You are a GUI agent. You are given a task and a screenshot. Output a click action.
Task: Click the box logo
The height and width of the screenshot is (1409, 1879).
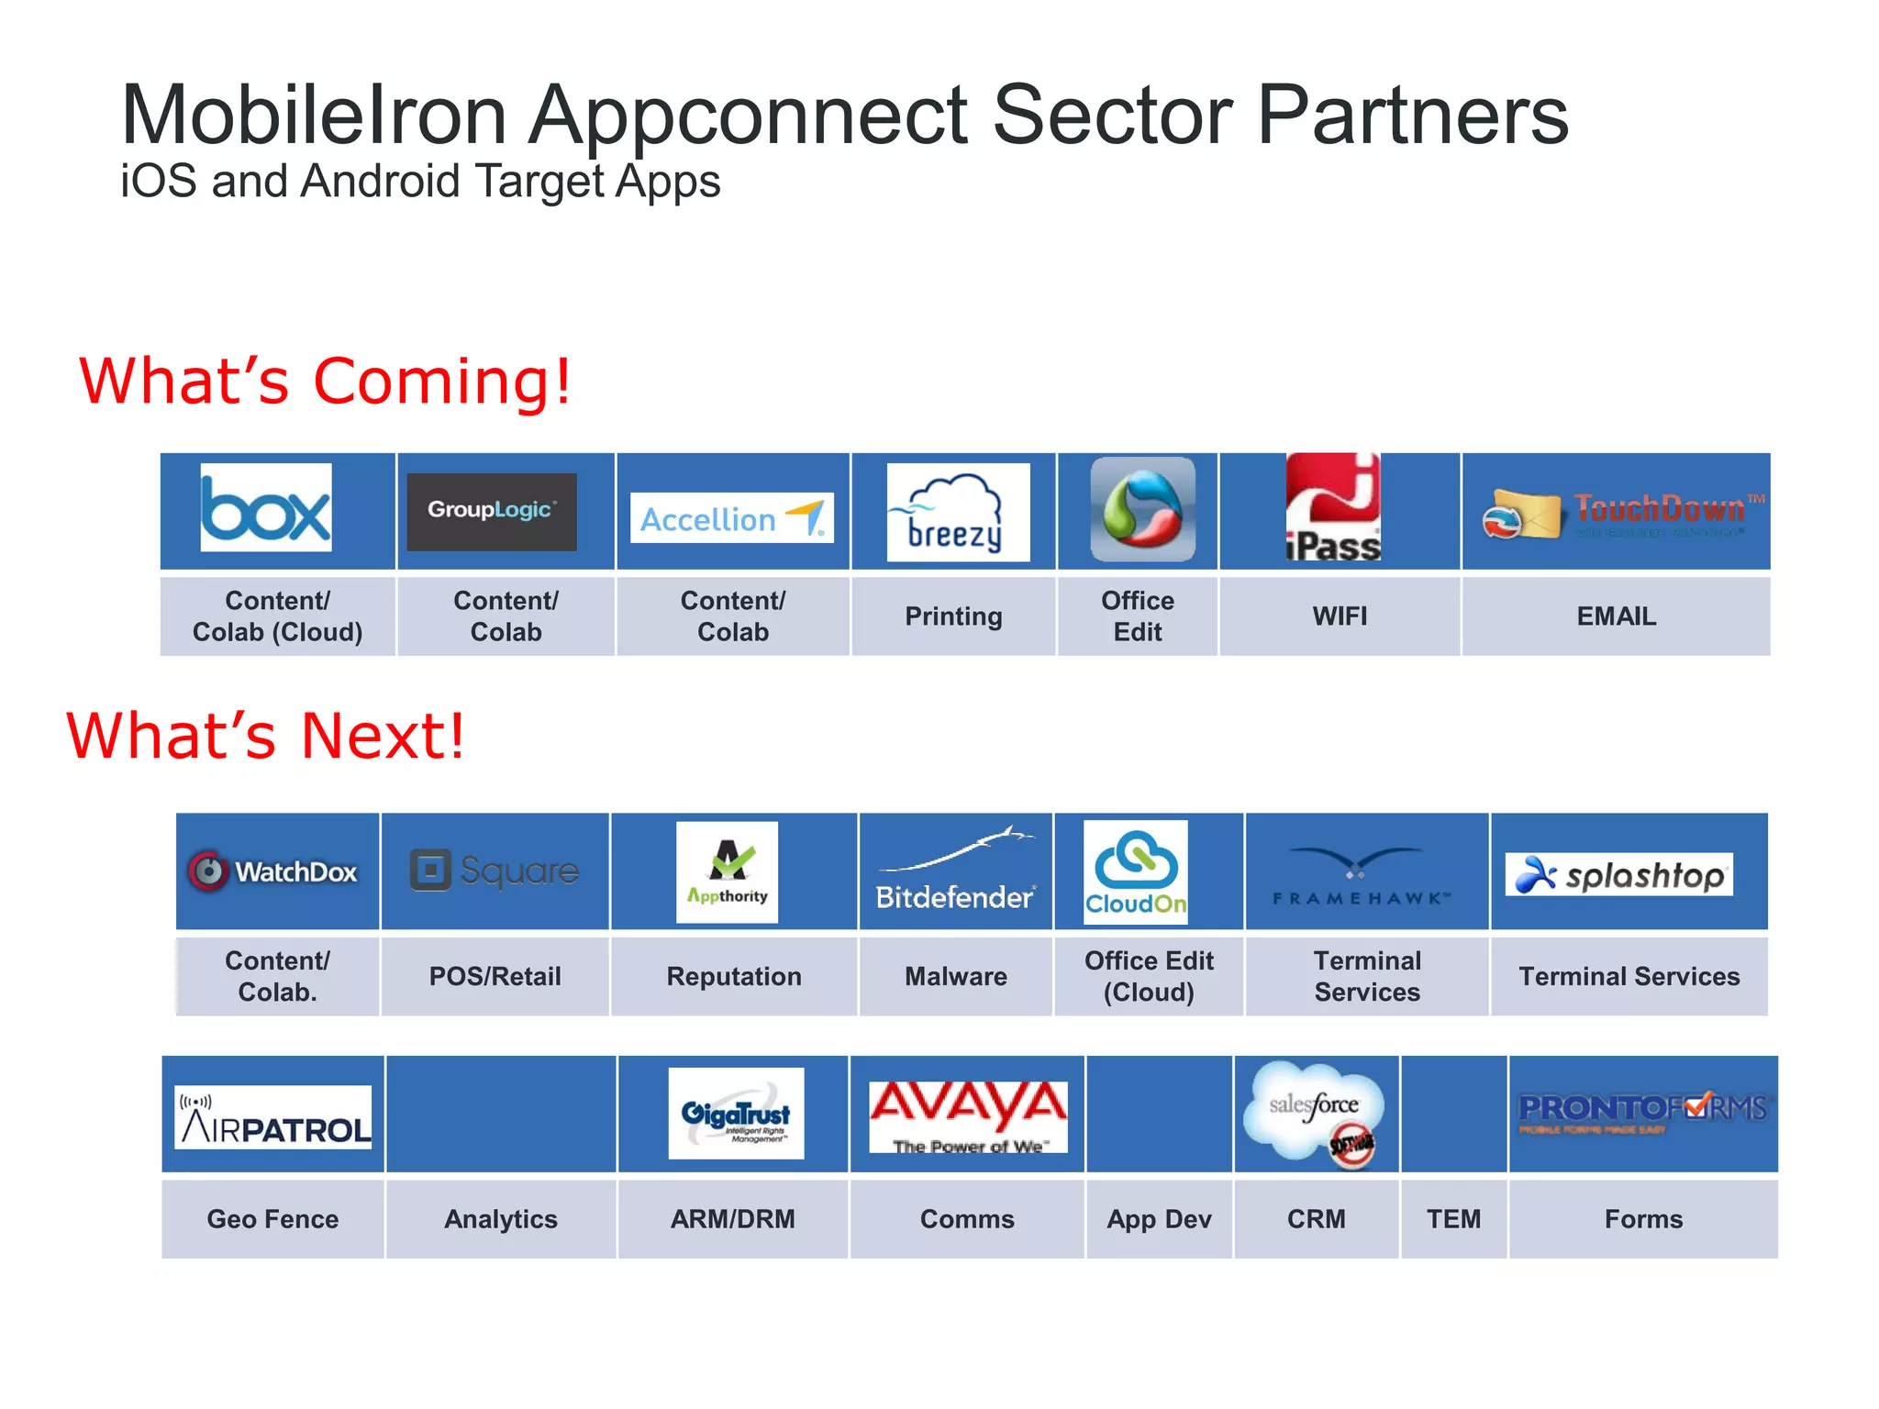(266, 507)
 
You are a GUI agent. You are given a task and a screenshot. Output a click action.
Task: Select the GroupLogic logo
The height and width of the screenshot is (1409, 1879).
(492, 511)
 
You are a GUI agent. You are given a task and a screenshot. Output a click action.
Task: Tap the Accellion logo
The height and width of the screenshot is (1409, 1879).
(731, 518)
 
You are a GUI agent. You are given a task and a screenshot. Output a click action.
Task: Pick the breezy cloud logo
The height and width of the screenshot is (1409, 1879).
(958, 512)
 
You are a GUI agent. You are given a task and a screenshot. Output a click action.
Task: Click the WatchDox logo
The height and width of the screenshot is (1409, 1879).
(273, 871)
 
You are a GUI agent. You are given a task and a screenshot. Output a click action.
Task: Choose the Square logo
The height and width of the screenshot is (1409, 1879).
(495, 871)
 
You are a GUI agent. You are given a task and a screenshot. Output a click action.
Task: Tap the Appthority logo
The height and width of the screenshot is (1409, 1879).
(727, 872)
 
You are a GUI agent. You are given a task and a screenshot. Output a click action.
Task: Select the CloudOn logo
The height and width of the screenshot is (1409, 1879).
(1136, 872)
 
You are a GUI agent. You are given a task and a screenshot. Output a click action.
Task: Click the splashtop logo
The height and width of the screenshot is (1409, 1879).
(1618, 874)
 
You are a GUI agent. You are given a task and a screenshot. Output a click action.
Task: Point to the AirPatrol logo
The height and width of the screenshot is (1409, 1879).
(273, 1117)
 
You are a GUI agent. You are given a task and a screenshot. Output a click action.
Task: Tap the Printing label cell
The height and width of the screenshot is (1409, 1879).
(953, 616)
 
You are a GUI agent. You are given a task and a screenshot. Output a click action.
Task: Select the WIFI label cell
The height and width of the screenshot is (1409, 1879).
(1340, 616)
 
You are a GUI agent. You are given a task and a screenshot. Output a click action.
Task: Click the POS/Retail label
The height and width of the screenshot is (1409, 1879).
(495, 976)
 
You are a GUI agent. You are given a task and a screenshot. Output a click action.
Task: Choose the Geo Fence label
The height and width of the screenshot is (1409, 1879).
(272, 1219)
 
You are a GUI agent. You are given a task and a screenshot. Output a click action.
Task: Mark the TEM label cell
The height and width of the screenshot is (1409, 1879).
(1453, 1219)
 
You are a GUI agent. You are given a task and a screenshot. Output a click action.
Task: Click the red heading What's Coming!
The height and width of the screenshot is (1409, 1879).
(326, 381)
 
